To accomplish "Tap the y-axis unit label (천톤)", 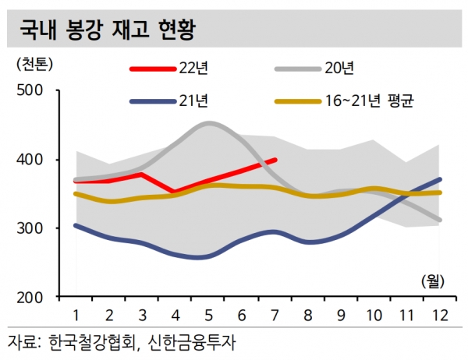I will [33, 62].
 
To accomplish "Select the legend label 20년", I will [339, 69].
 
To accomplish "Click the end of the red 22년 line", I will [276, 160].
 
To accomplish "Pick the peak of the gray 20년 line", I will [210, 123].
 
